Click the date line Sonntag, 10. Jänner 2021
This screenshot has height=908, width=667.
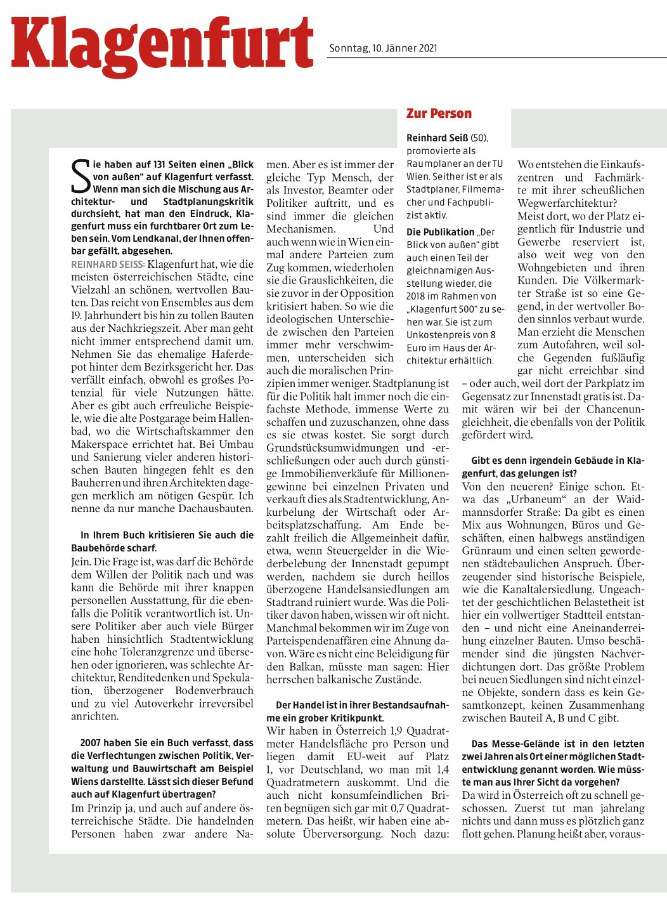pos(383,48)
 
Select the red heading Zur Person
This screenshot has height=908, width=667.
pos(439,114)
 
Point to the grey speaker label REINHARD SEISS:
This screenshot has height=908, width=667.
pos(108,263)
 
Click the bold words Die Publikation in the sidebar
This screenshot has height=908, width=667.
pos(440,232)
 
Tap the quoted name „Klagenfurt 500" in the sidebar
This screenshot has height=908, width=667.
pos(442,309)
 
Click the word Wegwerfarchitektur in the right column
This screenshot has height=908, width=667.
pos(566,203)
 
